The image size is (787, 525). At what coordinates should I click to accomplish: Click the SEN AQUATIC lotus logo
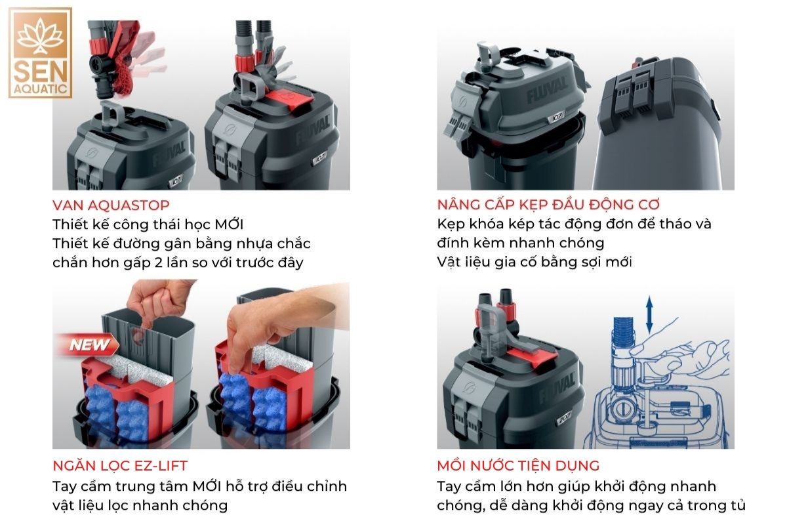(x=41, y=52)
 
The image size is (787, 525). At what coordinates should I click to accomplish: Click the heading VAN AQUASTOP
(x=111, y=205)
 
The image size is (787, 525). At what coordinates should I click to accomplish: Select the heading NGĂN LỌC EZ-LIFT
(x=120, y=465)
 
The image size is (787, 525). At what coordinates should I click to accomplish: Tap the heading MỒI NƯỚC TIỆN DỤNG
(x=518, y=465)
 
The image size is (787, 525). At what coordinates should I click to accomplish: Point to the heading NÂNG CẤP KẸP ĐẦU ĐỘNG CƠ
(x=548, y=204)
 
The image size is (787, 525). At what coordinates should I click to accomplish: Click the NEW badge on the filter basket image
(x=89, y=345)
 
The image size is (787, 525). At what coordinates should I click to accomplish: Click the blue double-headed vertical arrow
(x=650, y=314)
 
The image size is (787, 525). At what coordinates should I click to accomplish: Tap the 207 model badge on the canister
(x=565, y=419)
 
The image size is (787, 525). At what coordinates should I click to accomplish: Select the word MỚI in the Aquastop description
(x=229, y=224)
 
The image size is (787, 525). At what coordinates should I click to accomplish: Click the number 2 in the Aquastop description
(x=159, y=262)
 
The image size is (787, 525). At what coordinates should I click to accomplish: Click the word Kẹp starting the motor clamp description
(x=451, y=224)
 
